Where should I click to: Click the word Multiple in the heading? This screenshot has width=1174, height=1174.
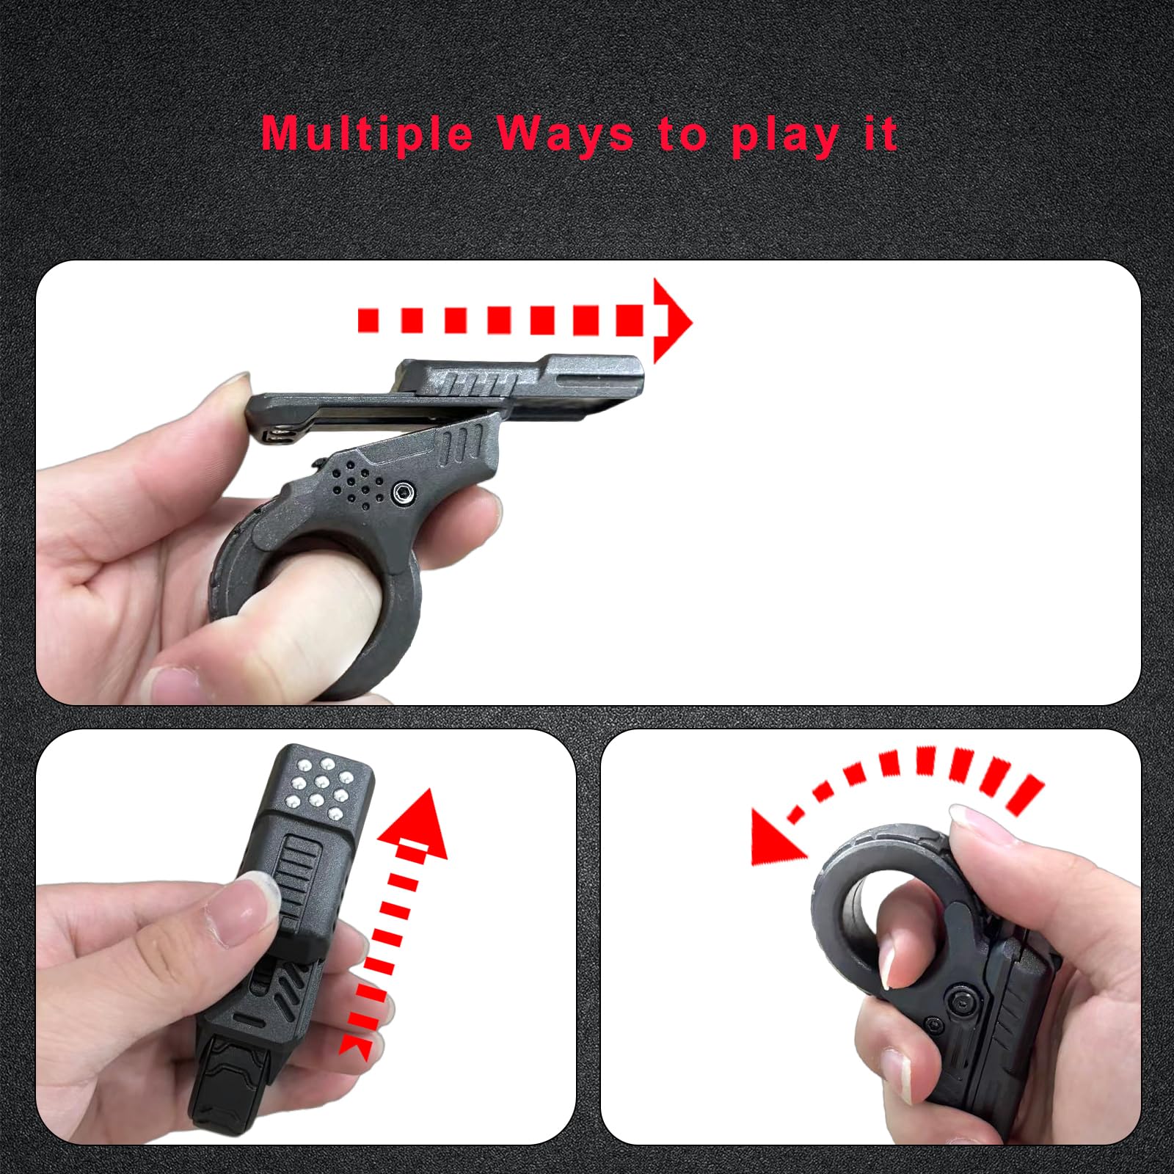click(x=367, y=134)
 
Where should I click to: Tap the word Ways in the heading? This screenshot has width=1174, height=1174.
click(x=565, y=134)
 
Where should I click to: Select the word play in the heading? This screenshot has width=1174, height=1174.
click(x=785, y=136)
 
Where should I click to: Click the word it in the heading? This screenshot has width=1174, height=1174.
click(x=880, y=133)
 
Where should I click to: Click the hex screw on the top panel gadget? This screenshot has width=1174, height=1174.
click(x=403, y=494)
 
